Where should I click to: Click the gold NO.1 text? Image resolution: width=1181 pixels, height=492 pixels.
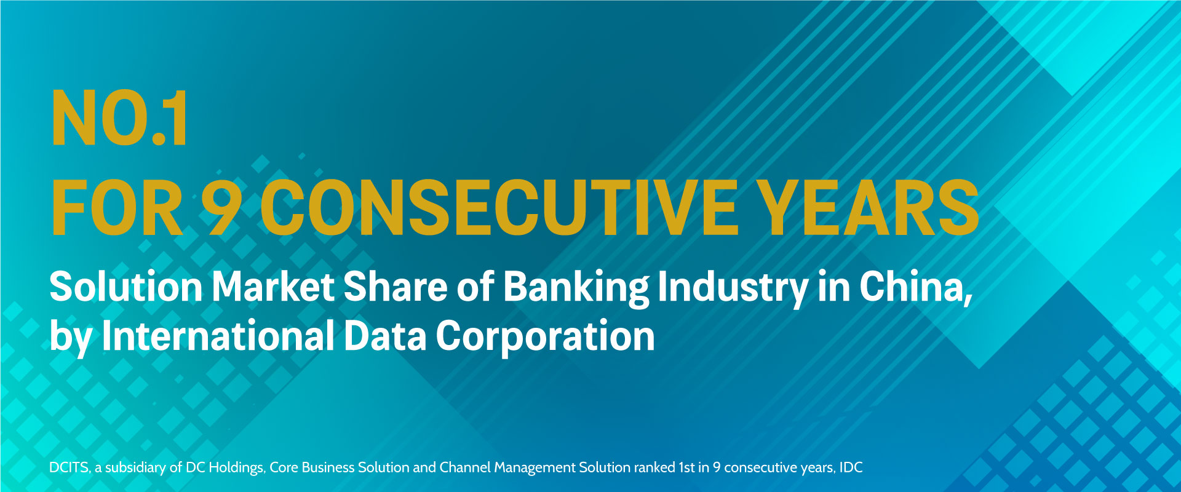pos(120,119)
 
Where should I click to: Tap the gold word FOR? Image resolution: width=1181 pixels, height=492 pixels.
pos(117,208)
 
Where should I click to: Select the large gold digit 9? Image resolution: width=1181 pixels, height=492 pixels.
pos(220,208)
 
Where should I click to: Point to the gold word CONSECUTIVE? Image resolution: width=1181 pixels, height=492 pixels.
pos(498,208)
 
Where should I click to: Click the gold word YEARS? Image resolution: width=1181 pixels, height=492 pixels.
pos(867,208)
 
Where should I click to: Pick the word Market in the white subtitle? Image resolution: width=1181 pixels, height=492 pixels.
pos(273,287)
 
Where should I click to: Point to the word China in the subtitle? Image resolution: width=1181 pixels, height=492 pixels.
pos(915,287)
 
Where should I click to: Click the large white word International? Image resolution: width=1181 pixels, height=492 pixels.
pos(218,336)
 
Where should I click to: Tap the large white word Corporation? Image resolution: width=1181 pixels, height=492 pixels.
pos(545,338)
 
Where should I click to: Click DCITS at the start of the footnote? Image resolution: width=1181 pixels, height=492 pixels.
pos(70,467)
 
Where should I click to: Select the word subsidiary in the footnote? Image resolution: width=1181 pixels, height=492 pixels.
pos(135,467)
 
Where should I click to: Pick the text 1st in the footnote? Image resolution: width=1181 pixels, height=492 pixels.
pos(686,467)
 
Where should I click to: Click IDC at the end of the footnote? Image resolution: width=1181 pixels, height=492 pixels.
pos(851,467)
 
